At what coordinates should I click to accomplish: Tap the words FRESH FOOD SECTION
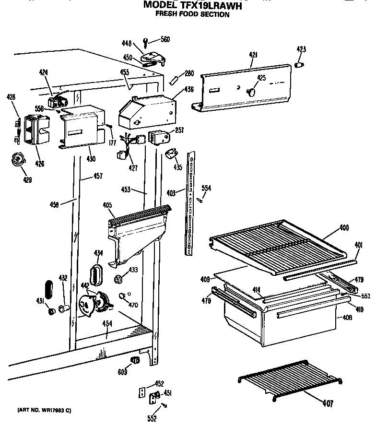(192, 14)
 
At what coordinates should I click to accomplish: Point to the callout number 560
(164, 39)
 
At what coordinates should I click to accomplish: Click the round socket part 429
(18, 159)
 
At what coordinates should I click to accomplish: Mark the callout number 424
(44, 72)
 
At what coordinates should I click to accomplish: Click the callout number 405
(107, 205)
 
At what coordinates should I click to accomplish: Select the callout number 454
(107, 324)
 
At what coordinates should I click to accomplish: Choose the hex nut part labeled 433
(117, 279)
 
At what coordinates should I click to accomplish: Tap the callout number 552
(152, 419)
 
